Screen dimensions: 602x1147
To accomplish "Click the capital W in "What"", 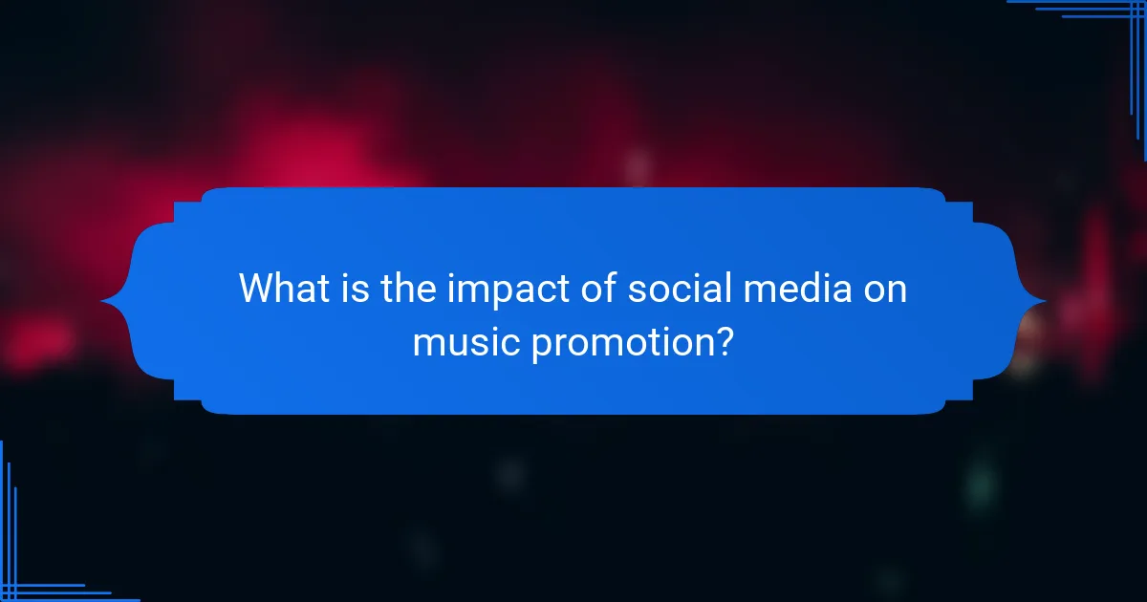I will (x=255, y=289).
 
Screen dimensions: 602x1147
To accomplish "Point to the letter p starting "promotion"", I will (x=541, y=345).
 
